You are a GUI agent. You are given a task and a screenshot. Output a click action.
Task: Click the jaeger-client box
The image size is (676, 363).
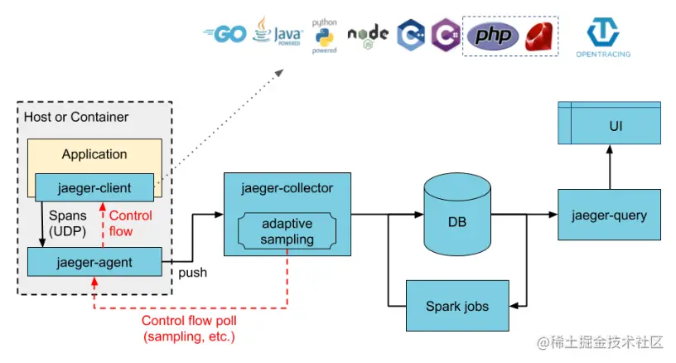[94, 186]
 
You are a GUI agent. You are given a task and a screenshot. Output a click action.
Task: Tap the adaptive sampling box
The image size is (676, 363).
[287, 232]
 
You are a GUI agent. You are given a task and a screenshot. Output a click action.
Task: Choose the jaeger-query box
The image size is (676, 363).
[609, 215]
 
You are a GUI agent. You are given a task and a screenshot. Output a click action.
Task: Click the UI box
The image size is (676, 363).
[609, 126]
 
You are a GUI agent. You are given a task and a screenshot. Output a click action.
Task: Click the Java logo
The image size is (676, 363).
[278, 32]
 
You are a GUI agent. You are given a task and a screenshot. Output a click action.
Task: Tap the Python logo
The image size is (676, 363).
[324, 36]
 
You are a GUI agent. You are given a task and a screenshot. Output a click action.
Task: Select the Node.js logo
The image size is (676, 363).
[368, 35]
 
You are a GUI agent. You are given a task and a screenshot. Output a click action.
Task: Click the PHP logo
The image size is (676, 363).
[493, 36]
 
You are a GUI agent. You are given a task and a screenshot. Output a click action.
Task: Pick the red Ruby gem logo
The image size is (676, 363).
[538, 36]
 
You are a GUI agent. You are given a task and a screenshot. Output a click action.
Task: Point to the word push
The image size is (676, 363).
[193, 272]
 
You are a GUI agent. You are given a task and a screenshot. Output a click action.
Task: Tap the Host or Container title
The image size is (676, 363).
[76, 117]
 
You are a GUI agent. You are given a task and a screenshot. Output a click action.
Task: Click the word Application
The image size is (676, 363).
[94, 154]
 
